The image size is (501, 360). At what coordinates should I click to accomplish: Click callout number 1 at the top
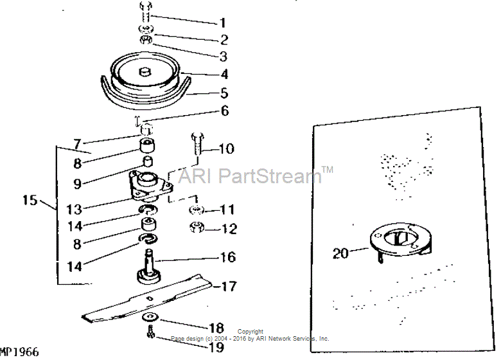[x=224, y=22]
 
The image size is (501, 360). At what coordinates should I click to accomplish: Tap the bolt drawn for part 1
[x=145, y=12]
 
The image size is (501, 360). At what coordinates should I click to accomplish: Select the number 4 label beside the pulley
[x=224, y=75]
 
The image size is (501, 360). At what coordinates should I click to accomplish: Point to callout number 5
[x=224, y=93]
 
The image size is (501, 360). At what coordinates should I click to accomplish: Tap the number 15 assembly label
[x=30, y=201]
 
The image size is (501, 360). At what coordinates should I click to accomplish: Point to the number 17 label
[x=229, y=286]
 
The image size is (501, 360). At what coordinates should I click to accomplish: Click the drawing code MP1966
[x=19, y=352]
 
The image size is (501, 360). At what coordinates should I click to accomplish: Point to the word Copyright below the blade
[x=251, y=332]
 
